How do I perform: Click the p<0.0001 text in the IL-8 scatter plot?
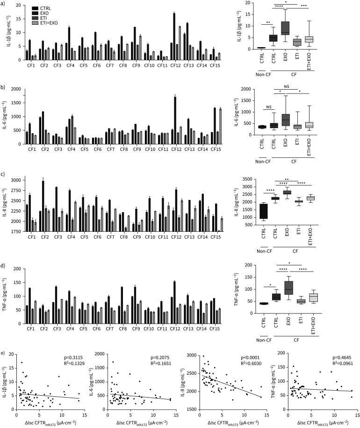pyautogui.click(x=250, y=350)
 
